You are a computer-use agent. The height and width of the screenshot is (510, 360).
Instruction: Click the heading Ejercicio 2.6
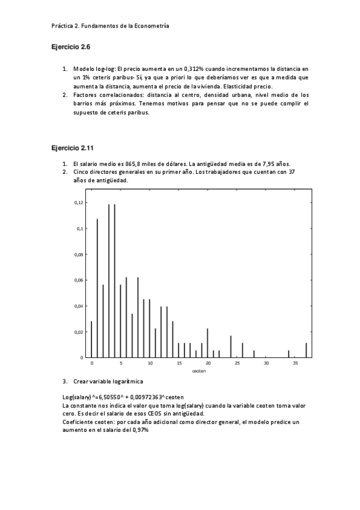tap(70, 46)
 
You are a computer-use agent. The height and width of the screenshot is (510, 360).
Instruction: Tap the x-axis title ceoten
tap(199, 371)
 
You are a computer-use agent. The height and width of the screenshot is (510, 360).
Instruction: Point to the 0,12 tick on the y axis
tap(78, 203)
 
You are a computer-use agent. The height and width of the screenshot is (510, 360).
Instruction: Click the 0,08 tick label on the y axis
tap(78, 254)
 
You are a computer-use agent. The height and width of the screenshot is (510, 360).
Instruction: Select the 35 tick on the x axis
tap(294, 364)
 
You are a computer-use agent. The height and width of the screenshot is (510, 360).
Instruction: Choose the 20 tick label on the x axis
tap(207, 364)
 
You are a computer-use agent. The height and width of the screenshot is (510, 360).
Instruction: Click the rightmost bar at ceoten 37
tap(306, 350)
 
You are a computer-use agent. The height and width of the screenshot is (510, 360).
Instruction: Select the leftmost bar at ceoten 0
tap(91, 339)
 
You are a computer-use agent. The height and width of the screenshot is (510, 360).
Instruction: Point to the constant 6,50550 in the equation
tap(106, 398)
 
